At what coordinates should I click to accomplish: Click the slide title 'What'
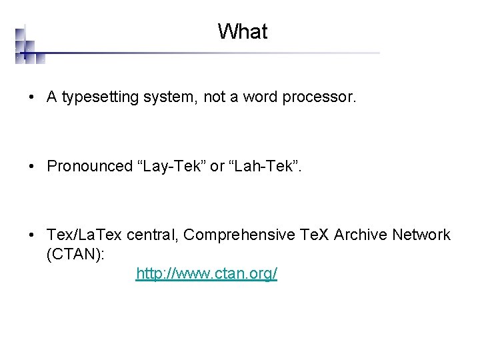point(242,31)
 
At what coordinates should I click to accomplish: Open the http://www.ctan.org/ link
point(206,274)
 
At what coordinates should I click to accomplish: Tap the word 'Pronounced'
point(90,166)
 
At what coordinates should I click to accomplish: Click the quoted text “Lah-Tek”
point(263,166)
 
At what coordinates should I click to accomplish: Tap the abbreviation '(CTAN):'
point(76,254)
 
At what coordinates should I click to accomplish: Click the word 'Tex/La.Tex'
point(79,235)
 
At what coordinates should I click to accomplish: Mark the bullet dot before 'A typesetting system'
point(32,98)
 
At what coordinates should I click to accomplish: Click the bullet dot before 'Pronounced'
point(32,167)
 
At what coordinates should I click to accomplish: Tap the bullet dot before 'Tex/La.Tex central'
point(32,235)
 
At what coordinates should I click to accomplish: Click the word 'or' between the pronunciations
point(217,166)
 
